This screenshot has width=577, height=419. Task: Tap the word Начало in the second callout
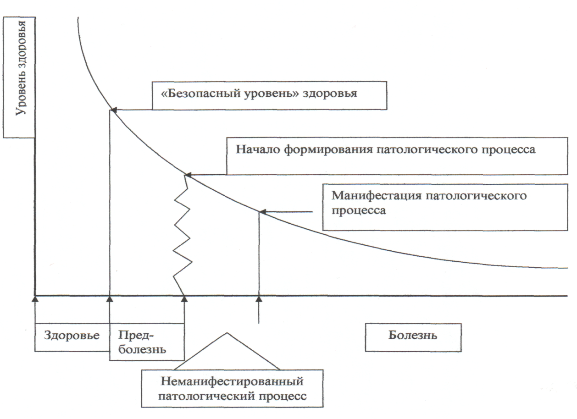pos(253,149)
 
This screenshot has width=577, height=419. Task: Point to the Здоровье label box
pos(72,336)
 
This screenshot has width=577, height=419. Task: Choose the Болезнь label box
pos(413,335)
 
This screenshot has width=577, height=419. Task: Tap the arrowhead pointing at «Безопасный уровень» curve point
pos(114,110)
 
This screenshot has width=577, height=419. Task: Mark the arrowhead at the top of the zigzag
pos(188,175)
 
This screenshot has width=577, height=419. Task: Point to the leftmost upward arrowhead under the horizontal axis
pos(35,299)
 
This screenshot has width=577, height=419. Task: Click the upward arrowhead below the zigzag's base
pos(184,299)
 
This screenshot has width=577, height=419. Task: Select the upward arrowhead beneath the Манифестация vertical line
pos(259,299)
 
